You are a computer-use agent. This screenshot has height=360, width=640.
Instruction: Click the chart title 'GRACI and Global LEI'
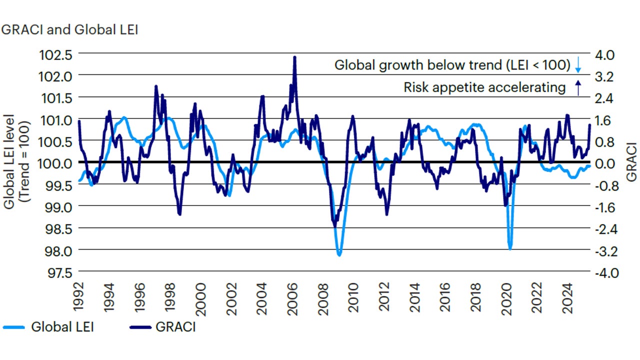click(x=70, y=29)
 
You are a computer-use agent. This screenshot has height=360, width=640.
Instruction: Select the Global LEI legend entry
click(x=48, y=327)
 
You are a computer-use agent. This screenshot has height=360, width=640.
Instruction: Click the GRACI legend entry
click(x=162, y=327)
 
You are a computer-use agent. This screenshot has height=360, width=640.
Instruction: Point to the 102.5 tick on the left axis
click(x=56, y=54)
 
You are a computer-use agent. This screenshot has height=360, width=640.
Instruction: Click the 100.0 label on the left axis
click(x=56, y=163)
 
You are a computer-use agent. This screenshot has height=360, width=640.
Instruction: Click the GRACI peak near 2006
click(x=294, y=57)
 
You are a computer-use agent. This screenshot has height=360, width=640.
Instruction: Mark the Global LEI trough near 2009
click(x=339, y=255)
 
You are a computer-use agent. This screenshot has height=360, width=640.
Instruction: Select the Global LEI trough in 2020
click(x=510, y=248)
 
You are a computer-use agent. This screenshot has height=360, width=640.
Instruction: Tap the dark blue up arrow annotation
click(x=577, y=88)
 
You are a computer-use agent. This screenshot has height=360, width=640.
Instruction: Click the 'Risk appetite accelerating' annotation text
click(x=484, y=87)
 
